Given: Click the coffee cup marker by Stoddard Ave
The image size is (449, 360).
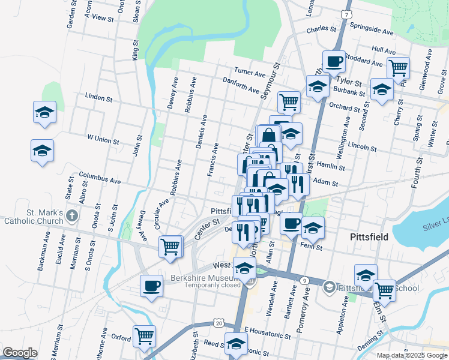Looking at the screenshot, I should (x=334, y=61).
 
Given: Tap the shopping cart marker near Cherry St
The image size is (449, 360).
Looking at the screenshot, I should (x=398, y=68).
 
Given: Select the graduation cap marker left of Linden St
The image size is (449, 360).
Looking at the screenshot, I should (x=44, y=113).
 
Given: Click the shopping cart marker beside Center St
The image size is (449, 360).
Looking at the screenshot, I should (x=170, y=245).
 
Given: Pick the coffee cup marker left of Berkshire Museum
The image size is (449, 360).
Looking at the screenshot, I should (x=151, y=286).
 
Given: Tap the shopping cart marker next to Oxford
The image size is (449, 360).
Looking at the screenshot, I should (x=144, y=336).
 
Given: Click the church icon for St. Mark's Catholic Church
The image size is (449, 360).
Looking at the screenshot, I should (x=71, y=215).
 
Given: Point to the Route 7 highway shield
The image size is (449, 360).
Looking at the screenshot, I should (x=345, y=13).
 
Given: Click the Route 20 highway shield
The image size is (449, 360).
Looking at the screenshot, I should (x=217, y=323).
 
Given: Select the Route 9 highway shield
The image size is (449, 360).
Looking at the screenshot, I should (x=304, y=280).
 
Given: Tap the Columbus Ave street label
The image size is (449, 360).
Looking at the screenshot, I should (x=100, y=178).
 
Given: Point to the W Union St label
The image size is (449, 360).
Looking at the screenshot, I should (x=103, y=139).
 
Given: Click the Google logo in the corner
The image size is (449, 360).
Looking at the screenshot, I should (x=20, y=353).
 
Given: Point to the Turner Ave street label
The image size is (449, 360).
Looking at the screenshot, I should (x=250, y=73).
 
